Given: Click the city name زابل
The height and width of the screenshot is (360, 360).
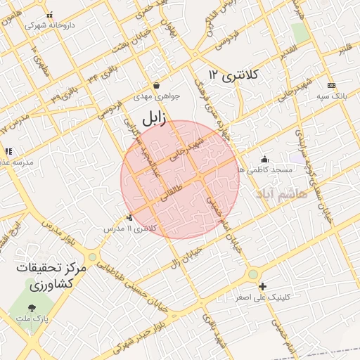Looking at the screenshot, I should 153,119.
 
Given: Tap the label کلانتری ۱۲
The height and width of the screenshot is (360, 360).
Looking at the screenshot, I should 234,75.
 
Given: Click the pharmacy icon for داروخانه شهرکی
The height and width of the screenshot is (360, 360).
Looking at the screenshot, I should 49,15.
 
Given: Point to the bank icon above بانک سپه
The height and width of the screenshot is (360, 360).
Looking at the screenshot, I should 333,84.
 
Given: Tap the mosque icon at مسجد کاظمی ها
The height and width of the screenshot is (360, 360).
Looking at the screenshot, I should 264,159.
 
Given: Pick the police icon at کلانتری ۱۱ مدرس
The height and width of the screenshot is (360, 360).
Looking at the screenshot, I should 129,218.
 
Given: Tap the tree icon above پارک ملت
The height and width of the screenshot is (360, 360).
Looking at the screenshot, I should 32,308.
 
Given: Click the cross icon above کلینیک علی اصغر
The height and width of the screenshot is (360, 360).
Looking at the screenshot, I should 262,286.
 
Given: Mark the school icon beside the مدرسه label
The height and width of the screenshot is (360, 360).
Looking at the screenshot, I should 8,151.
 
